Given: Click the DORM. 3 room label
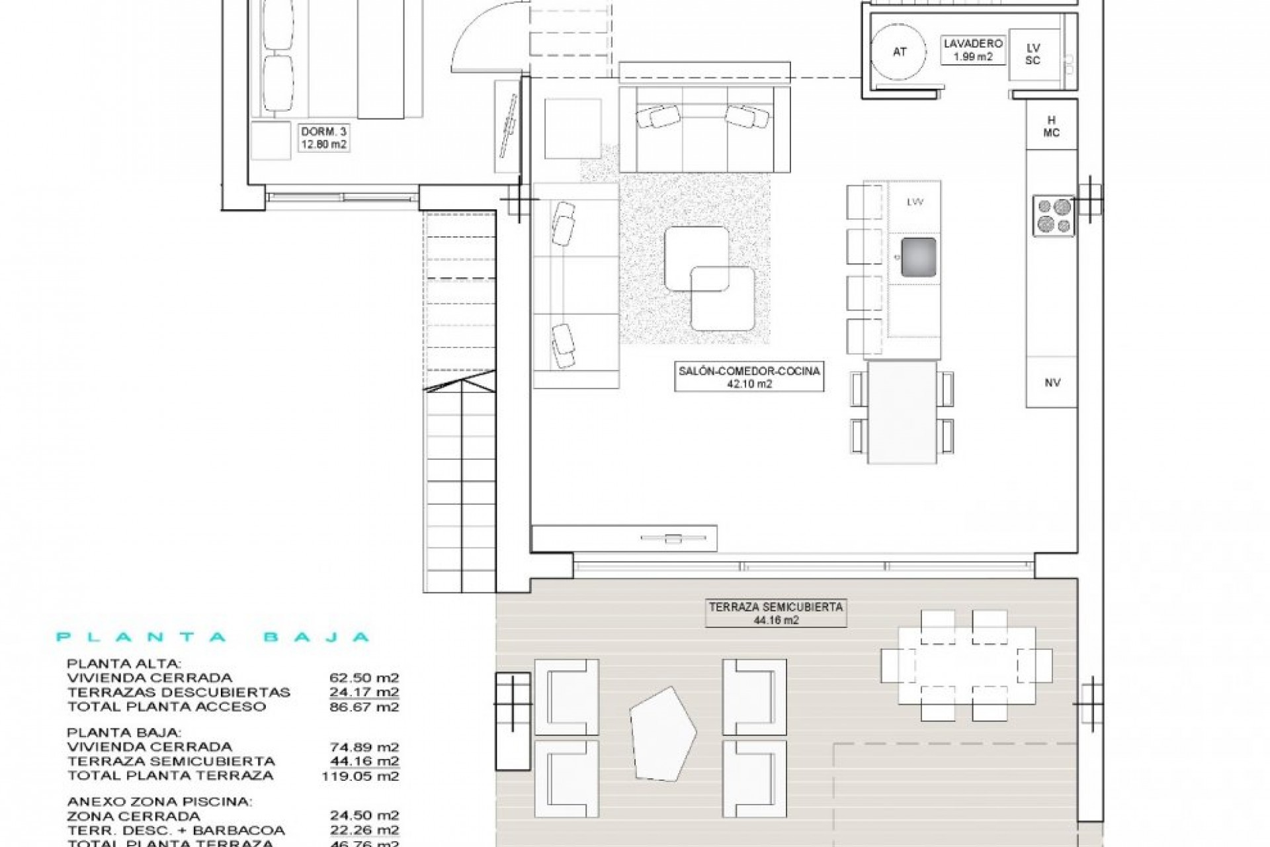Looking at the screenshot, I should tap(323, 138).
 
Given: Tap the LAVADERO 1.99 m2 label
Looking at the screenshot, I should tap(973, 50).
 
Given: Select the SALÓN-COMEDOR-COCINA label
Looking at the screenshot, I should tap(749, 377).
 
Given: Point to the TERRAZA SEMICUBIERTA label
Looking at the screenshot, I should tap(776, 613).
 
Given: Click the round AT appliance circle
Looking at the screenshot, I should tap(900, 52).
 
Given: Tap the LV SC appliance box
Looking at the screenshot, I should tap(1033, 54).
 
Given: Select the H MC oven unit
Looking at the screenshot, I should tap(1051, 126).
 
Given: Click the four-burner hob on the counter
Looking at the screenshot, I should tap(1054, 215).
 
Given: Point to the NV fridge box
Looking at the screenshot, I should tap(1052, 382).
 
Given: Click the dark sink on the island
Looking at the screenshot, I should tap(918, 257).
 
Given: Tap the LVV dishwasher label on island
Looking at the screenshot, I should tap(915, 202).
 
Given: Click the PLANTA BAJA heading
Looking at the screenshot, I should tap(212, 637).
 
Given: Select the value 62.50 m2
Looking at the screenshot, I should tap(364, 678).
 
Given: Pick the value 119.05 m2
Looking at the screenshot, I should tap(360, 775).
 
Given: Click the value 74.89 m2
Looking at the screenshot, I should tap(364, 746).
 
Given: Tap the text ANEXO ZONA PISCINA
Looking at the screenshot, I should tap(159, 801).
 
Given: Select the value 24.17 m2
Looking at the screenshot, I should tap(364, 692).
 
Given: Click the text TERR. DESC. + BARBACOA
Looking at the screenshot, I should tap(176, 830).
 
